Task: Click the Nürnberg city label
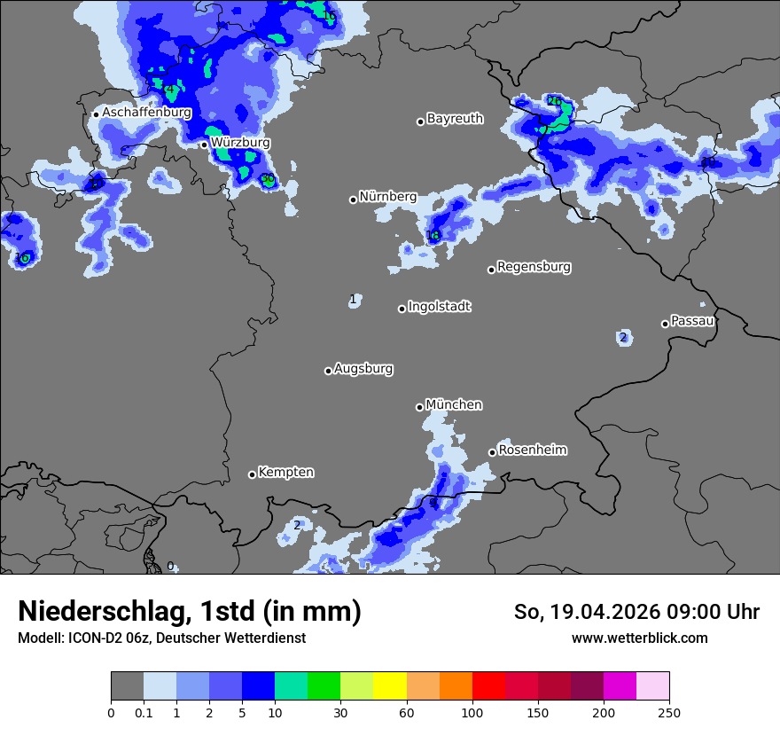(x=387, y=197)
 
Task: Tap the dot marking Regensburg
(x=491, y=270)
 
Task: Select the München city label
(x=454, y=405)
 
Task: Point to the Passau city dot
(x=665, y=324)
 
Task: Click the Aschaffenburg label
(x=146, y=113)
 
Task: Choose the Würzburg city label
(x=240, y=142)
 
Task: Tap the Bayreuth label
(x=455, y=118)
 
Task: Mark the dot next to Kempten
(x=252, y=474)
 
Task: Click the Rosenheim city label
(x=532, y=450)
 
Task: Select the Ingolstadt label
(x=439, y=307)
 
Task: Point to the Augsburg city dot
(x=328, y=371)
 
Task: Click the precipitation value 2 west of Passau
(x=623, y=337)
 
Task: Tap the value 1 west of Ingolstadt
(x=353, y=299)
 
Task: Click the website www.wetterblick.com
(x=639, y=638)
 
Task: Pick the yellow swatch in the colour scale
(x=389, y=685)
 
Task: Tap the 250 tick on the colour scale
(x=668, y=712)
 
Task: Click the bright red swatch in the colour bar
(x=487, y=685)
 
